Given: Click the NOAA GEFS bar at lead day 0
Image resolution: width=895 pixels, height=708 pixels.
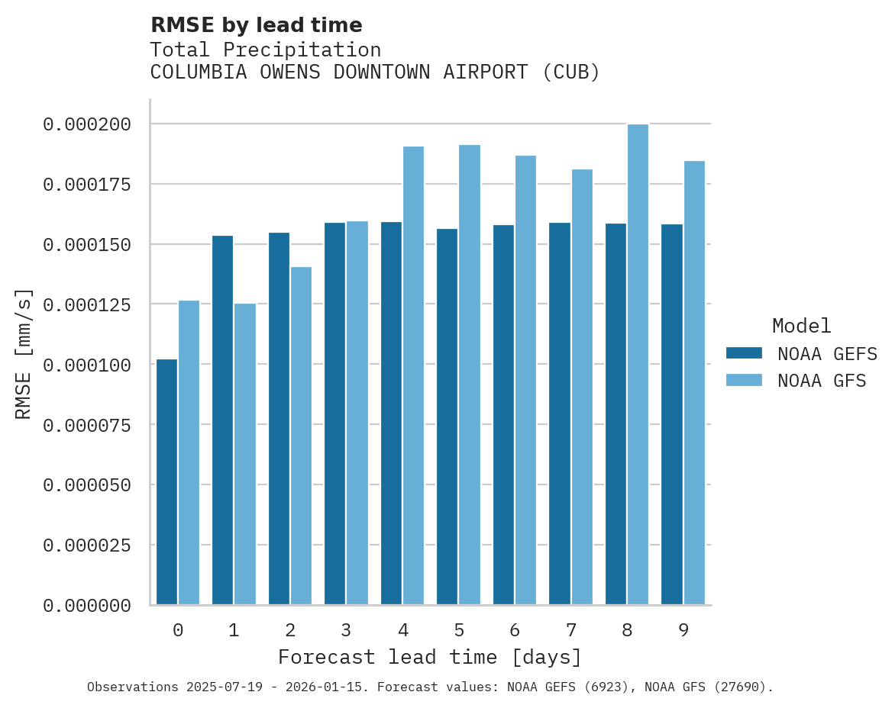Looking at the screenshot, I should [x=166, y=481].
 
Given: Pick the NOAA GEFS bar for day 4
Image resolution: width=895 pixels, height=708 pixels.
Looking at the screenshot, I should [x=391, y=413].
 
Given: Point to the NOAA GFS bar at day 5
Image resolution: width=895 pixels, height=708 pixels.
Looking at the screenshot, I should [x=470, y=375].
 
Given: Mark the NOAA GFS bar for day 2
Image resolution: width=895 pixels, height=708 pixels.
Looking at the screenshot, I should [x=301, y=436].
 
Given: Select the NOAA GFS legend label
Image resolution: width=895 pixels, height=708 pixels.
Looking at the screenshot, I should [x=822, y=380].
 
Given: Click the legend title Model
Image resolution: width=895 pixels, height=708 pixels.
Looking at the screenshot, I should [x=801, y=326].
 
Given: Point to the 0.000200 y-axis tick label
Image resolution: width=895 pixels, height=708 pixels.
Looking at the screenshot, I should [x=86, y=124].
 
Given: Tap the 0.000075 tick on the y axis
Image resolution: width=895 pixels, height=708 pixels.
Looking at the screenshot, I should [x=86, y=425].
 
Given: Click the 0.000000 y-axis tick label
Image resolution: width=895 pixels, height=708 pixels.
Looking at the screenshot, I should [x=86, y=606].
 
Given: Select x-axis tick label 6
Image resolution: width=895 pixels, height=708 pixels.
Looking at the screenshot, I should [x=515, y=630].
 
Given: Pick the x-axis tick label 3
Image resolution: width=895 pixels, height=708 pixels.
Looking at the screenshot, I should [x=346, y=630].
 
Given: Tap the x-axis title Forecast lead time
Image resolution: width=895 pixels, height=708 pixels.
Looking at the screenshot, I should [x=430, y=657].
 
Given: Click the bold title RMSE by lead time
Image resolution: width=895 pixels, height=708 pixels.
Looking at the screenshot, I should [x=256, y=25].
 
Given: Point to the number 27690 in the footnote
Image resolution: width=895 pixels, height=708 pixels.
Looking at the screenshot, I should [x=739, y=687].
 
